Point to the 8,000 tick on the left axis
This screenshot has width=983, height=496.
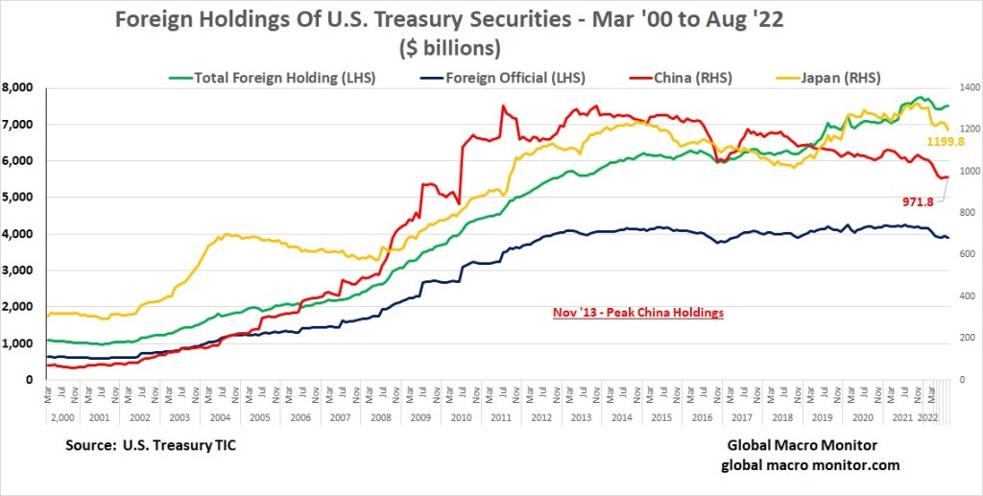tap(21, 87)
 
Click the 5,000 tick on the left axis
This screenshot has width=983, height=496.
tap(21, 197)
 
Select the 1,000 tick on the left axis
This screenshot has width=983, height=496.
tap(21, 342)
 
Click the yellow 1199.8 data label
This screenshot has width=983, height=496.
tap(946, 141)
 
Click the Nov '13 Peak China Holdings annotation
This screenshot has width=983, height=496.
tap(637, 313)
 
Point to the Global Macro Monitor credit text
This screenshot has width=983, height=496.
tap(802, 446)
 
